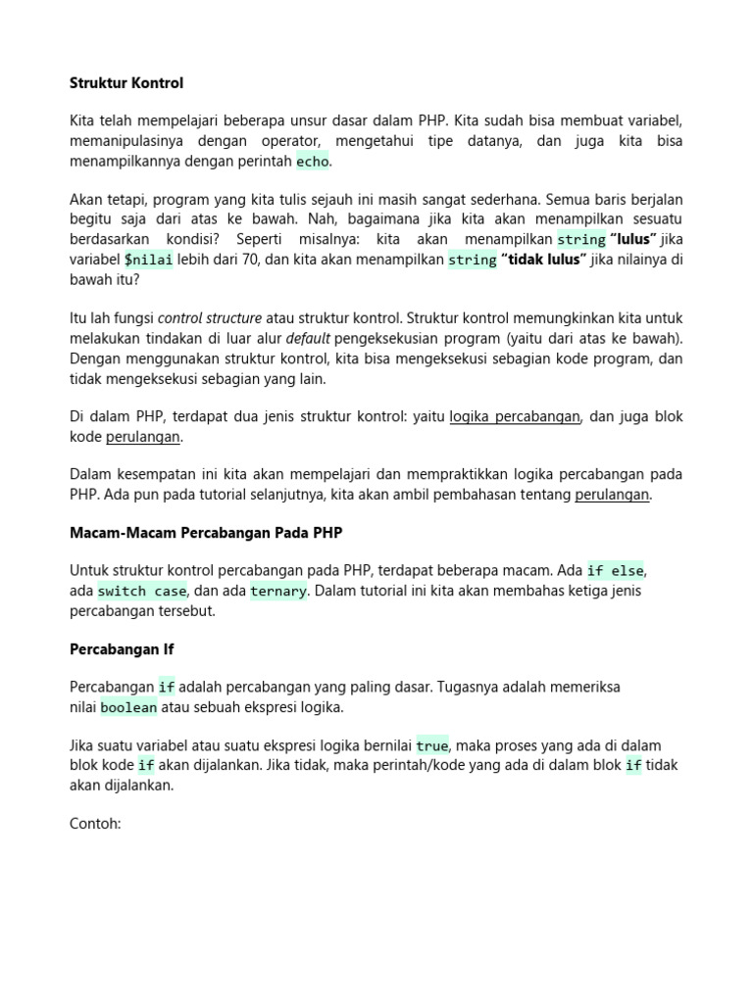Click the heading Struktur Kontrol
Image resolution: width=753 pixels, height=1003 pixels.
(126, 83)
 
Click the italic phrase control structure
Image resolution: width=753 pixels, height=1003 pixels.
(210, 318)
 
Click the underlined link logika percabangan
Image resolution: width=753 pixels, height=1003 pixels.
(516, 416)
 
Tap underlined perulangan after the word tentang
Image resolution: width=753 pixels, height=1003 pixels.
(612, 495)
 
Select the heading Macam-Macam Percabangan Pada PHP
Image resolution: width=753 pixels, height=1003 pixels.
(206, 533)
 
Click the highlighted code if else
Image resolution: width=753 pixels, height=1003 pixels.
(616, 571)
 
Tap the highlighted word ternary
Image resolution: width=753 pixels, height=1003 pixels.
(278, 591)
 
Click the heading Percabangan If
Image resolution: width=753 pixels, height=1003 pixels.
(122, 648)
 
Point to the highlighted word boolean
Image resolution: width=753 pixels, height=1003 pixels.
(128, 707)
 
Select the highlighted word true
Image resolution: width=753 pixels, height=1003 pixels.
(432, 745)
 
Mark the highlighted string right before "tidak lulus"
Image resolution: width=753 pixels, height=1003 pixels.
(473, 260)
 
